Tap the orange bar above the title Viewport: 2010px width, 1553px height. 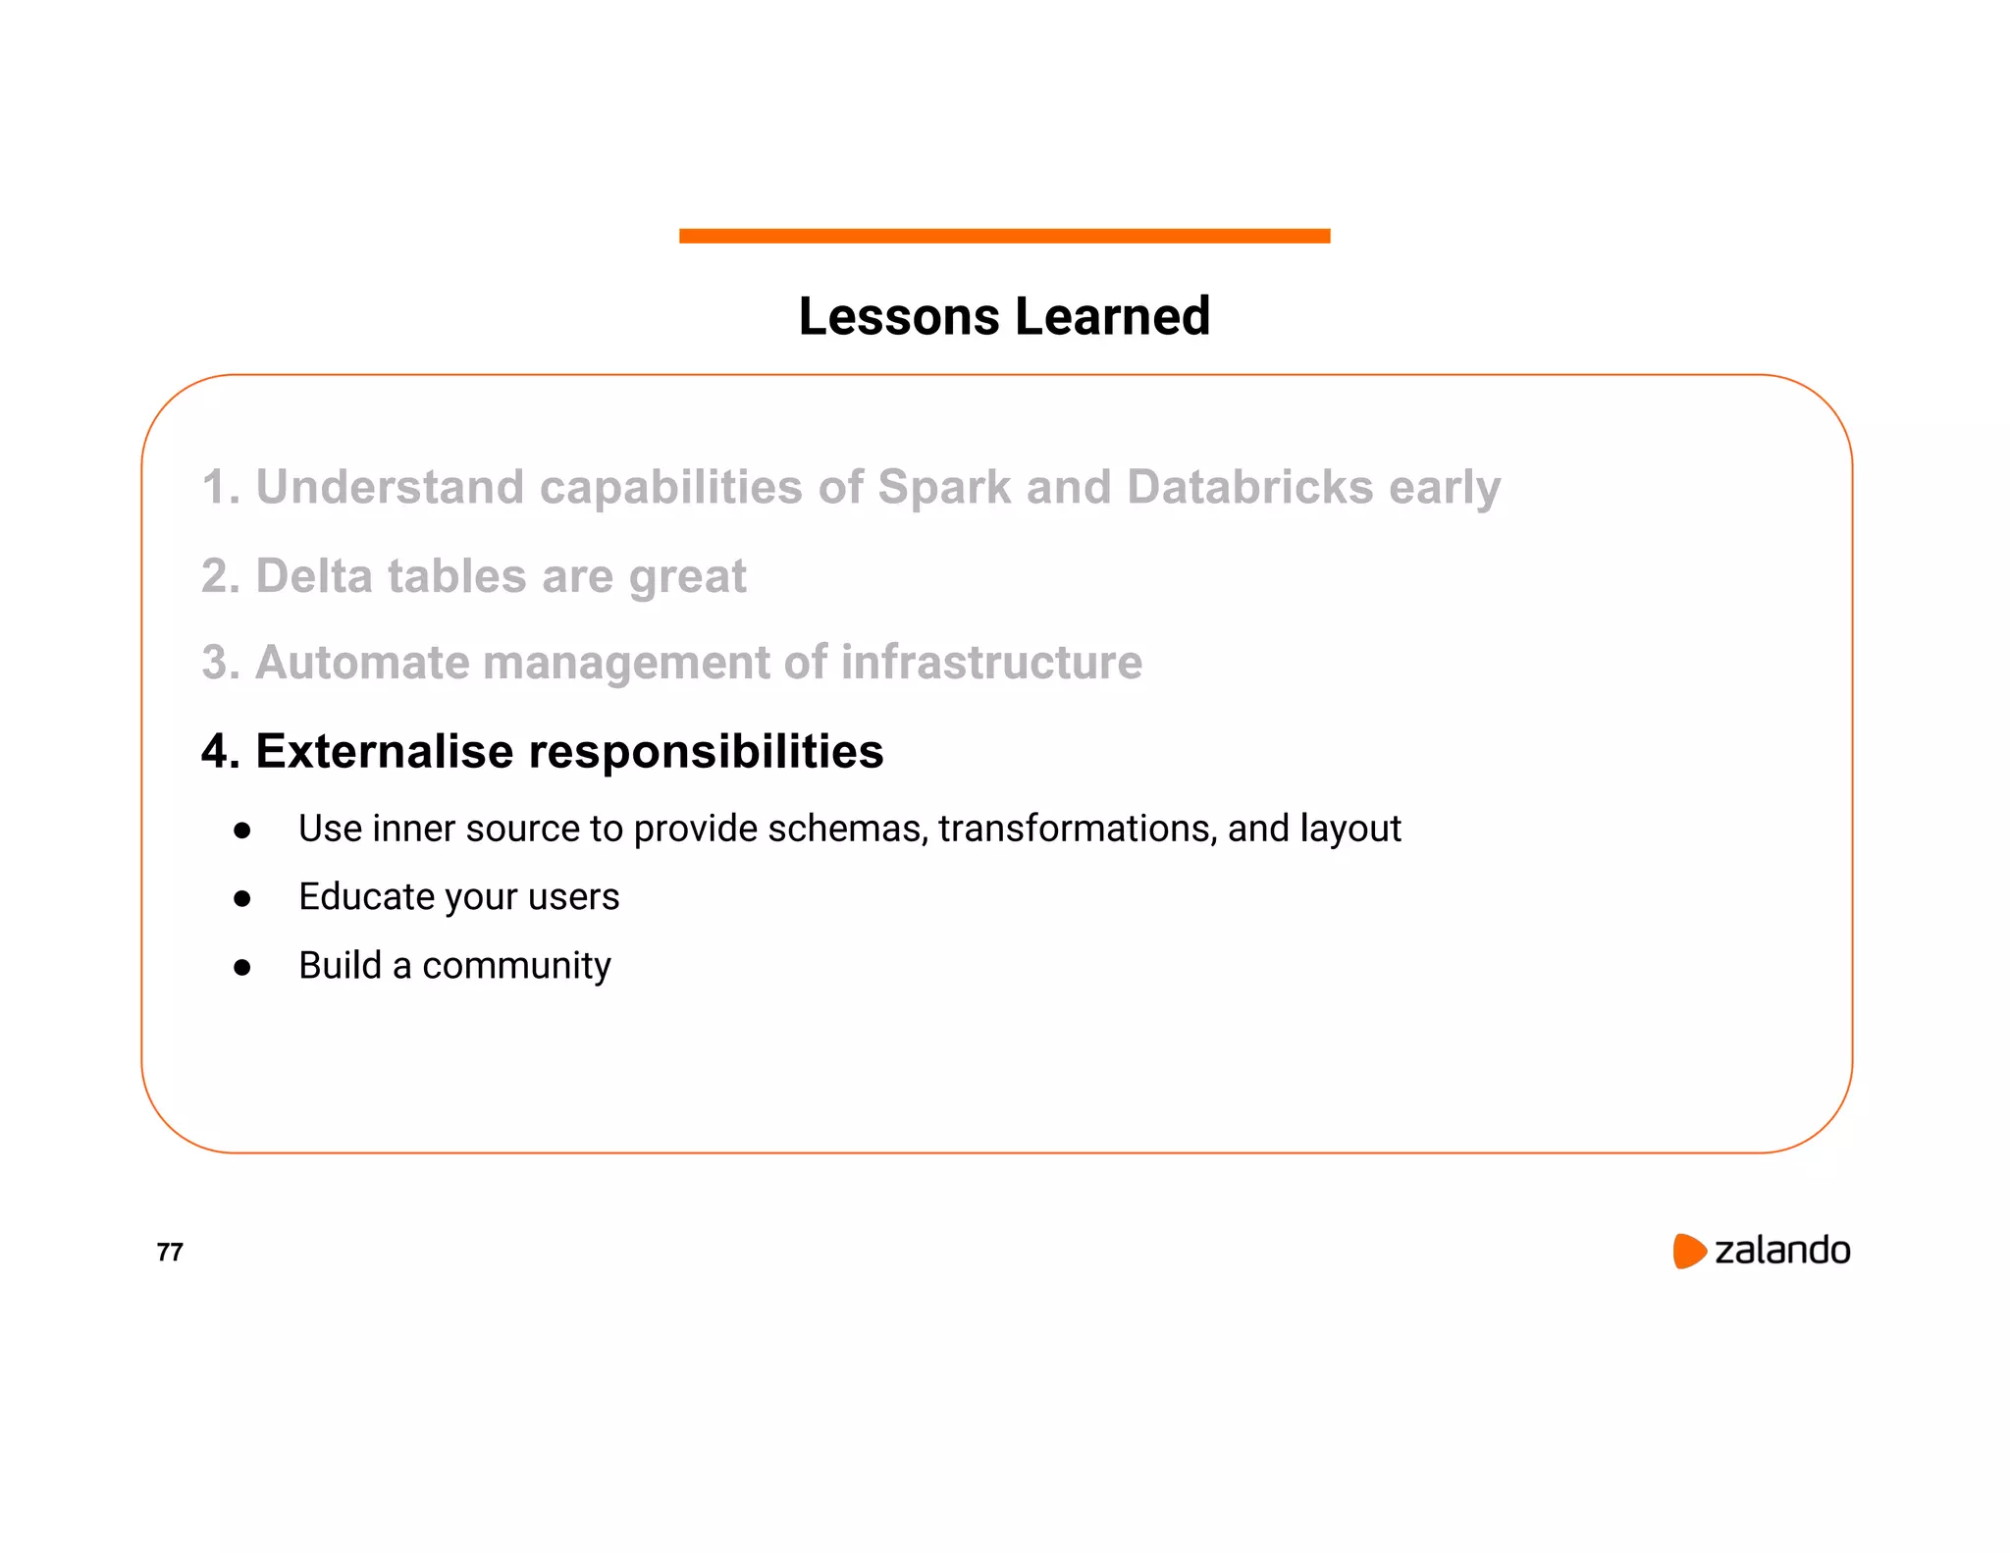(x=1004, y=236)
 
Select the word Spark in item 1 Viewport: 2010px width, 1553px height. (x=943, y=487)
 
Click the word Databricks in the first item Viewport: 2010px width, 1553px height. (x=1249, y=487)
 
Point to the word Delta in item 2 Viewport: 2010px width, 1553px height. (x=313, y=576)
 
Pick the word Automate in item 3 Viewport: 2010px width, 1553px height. (x=362, y=663)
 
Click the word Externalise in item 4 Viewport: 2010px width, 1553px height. (x=384, y=752)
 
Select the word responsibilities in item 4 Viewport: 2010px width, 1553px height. (x=706, y=752)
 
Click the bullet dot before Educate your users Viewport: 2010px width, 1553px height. (x=242, y=898)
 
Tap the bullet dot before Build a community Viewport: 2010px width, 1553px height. (x=242, y=967)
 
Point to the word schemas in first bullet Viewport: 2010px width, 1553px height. (x=847, y=830)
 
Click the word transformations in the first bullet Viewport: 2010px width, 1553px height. (x=1077, y=830)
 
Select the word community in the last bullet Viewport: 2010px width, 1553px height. (x=516, y=967)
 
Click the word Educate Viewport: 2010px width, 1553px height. (x=366, y=897)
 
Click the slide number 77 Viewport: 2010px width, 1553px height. (x=170, y=1252)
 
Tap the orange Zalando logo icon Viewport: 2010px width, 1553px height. (x=1689, y=1251)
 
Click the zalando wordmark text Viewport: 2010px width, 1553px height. (x=1781, y=1251)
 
